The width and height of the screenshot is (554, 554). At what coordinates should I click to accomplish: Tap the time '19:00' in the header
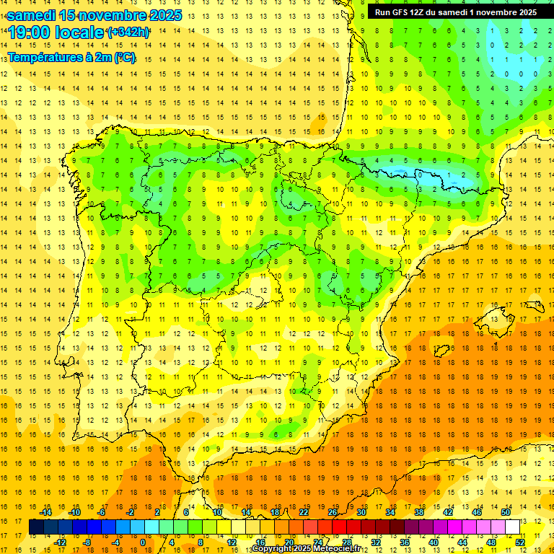coord(30,32)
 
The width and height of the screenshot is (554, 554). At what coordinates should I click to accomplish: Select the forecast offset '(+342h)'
coord(128,32)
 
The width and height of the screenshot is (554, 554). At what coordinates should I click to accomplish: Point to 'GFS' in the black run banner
coord(400,12)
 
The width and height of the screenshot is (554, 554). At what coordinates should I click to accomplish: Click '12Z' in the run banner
coord(421,12)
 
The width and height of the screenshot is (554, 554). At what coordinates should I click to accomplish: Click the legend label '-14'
coord(47,512)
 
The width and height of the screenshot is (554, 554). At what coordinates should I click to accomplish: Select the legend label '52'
coord(521,542)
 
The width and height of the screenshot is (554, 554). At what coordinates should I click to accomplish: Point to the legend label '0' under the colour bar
coord(143,542)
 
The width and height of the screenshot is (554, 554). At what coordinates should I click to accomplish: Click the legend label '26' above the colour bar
coord(333,512)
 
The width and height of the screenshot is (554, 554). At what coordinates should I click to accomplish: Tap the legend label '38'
coord(418,512)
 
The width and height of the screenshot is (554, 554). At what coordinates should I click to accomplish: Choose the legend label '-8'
coord(88,542)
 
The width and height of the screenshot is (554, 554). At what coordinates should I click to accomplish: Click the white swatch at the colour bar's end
coord(513,527)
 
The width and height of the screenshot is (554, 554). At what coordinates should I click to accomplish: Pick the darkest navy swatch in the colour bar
coord(36,527)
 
